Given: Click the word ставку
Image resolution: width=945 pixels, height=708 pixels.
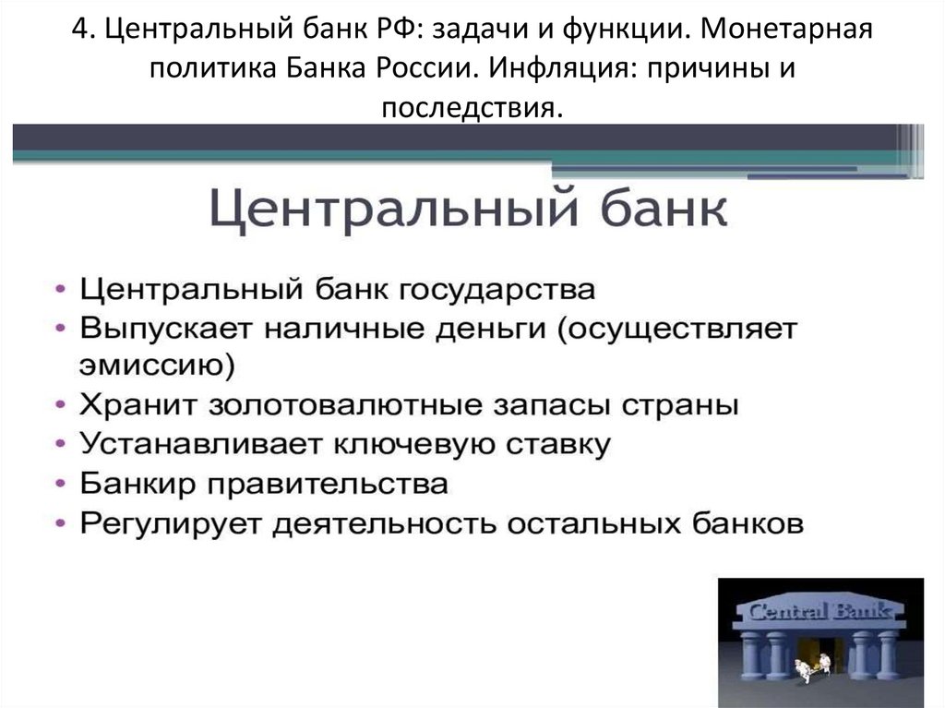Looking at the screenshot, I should (x=561, y=444).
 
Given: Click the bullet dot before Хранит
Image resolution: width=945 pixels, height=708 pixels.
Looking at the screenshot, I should (x=59, y=407).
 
